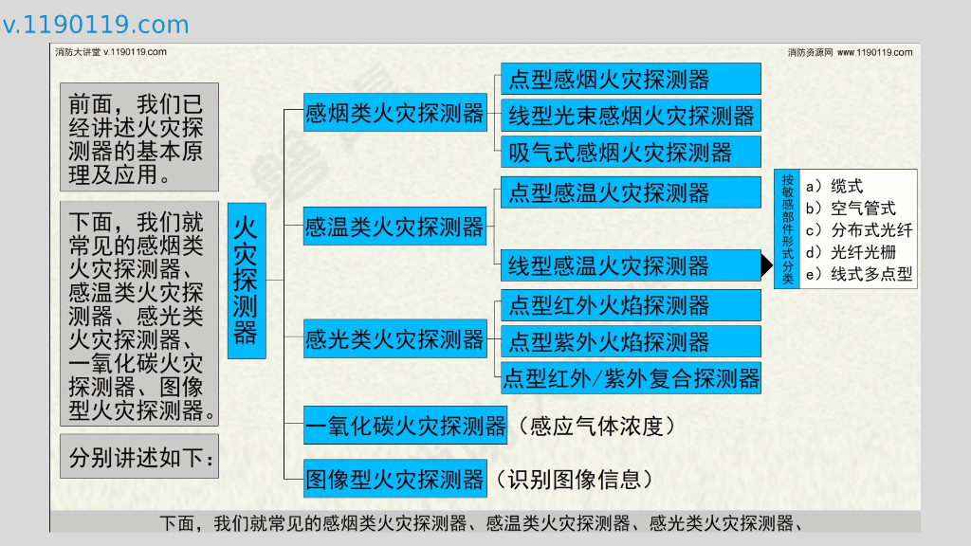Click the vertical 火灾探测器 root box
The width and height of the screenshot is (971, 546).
[x=246, y=281]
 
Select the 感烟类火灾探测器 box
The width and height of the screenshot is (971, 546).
[x=394, y=115]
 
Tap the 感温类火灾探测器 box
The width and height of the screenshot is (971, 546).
[x=394, y=227]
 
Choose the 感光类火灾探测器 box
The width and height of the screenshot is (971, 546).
[x=394, y=339]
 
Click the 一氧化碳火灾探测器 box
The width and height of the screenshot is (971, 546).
[x=406, y=427]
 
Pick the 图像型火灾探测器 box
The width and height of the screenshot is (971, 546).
[x=394, y=480]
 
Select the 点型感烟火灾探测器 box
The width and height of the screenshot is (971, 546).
[x=631, y=79]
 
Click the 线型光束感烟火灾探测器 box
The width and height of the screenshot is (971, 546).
[x=631, y=116]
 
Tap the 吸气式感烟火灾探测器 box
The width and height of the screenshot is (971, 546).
[x=631, y=152]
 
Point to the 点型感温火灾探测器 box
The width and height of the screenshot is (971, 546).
[x=631, y=192]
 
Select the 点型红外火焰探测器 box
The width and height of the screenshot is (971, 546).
[x=631, y=305]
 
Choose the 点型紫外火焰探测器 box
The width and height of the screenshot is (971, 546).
[x=631, y=341]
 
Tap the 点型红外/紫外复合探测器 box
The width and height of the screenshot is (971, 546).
[x=631, y=377]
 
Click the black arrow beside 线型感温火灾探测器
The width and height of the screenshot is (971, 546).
[x=767, y=266]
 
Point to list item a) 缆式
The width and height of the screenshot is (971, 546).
[x=834, y=187]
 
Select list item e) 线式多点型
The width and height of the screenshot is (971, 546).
[x=857, y=275]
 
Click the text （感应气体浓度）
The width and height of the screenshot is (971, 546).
[x=597, y=427]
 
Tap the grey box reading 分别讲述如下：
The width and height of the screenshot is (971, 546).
[x=139, y=459]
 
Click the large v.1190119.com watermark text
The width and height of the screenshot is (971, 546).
[x=96, y=25]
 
